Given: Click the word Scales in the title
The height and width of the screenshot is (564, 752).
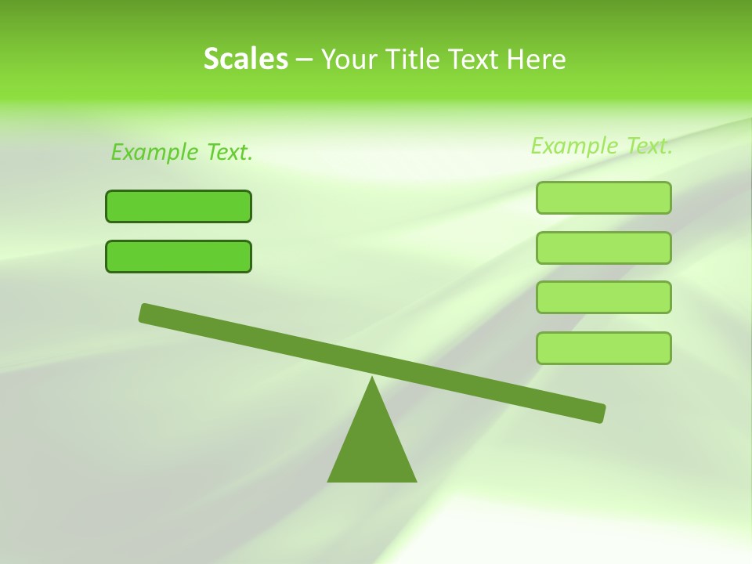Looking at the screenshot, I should coord(245,60).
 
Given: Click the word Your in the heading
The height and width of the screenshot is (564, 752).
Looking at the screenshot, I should coord(349,60).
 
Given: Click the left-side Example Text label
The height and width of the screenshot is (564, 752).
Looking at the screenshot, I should coord(182,152).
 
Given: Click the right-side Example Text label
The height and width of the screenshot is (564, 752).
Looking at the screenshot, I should coord(602,146).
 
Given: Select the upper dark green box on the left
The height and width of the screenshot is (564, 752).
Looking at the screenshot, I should coord(179,206).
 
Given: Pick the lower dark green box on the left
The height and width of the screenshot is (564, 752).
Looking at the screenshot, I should coord(179,256).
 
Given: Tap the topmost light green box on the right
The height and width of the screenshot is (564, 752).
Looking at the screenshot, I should coord(604,197).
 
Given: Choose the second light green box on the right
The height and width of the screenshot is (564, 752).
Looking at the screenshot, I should coord(604,248).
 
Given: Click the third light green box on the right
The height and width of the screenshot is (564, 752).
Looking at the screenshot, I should coord(604,298).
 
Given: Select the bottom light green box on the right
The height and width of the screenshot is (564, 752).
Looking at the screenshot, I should coord(604,348).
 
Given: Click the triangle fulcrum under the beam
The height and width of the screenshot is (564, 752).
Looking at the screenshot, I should coord(372,446).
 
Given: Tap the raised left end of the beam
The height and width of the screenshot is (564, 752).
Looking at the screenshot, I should coord(146,313).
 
